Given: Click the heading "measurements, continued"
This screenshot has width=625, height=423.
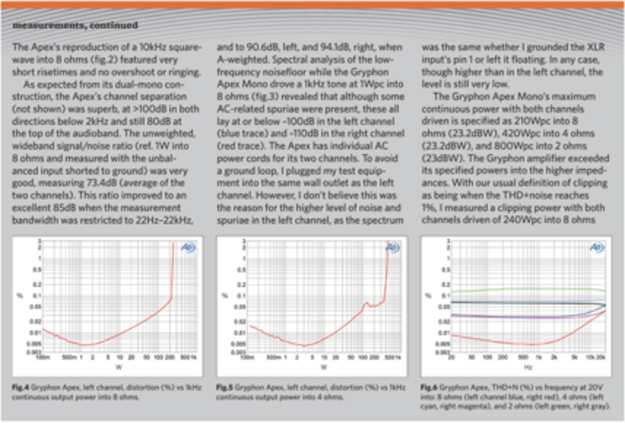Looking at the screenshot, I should pyautogui.click(x=74, y=25).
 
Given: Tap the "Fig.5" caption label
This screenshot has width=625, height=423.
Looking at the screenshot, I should pyautogui.click(x=224, y=388).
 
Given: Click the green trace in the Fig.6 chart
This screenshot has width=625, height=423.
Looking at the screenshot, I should pyautogui.click(x=527, y=289).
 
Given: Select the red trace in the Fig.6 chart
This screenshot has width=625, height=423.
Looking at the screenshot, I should pyautogui.click(x=527, y=344).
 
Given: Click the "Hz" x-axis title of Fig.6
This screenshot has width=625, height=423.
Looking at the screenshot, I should pyautogui.click(x=528, y=367).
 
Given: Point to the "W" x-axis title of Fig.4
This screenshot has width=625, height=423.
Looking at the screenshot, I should pyautogui.click(x=118, y=367).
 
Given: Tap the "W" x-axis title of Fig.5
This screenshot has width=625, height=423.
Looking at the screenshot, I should pyautogui.click(x=322, y=367).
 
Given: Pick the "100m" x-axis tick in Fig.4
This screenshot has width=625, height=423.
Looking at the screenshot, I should pyautogui.click(x=42, y=358).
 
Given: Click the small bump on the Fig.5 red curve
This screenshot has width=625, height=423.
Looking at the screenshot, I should pyautogui.click(x=367, y=303).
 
